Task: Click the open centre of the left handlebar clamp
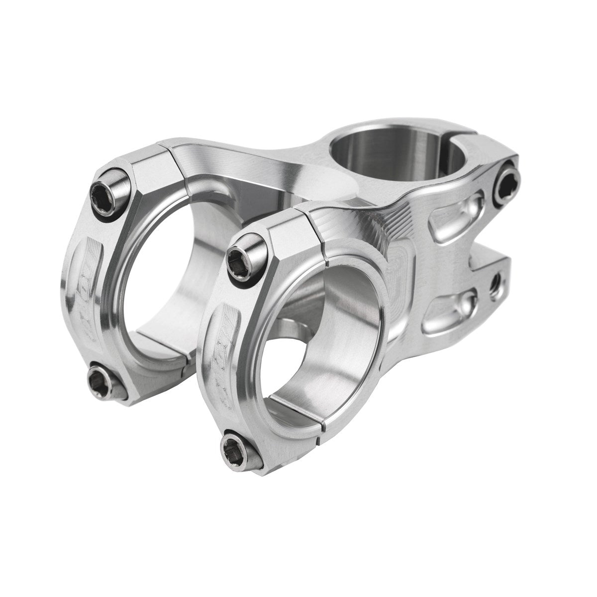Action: click(x=164, y=279)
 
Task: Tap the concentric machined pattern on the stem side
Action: click(x=398, y=264)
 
